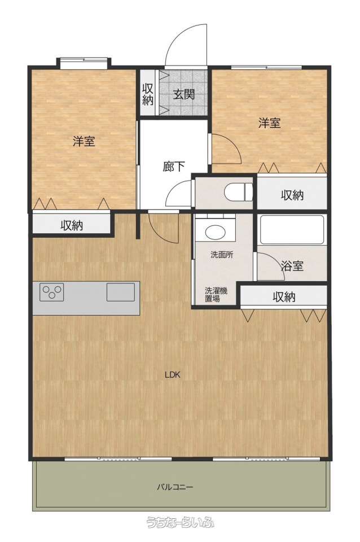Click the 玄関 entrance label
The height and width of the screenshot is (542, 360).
(x=184, y=94)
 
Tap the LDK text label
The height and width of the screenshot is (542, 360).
(x=173, y=375)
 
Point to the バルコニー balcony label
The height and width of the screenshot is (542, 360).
(x=175, y=487)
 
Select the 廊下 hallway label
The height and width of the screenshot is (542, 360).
(x=174, y=167)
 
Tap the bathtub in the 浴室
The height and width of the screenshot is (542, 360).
(x=292, y=230)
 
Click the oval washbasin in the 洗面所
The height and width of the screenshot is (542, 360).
(x=214, y=232)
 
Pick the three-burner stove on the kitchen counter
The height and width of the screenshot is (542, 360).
(x=51, y=292)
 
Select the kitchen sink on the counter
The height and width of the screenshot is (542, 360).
(x=121, y=292)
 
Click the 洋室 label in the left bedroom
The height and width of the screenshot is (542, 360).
(x=84, y=141)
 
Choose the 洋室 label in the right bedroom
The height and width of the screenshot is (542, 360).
(x=270, y=123)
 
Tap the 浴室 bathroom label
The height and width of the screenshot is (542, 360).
(x=292, y=266)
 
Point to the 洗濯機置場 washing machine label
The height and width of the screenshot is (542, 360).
(x=216, y=295)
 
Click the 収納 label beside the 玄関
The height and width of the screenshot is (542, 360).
(x=147, y=94)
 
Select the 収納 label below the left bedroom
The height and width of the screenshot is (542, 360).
(x=72, y=225)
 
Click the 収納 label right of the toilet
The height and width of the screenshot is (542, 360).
(x=292, y=195)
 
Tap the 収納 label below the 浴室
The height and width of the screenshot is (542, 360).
(x=284, y=296)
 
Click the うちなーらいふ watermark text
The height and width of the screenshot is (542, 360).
(x=180, y=522)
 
